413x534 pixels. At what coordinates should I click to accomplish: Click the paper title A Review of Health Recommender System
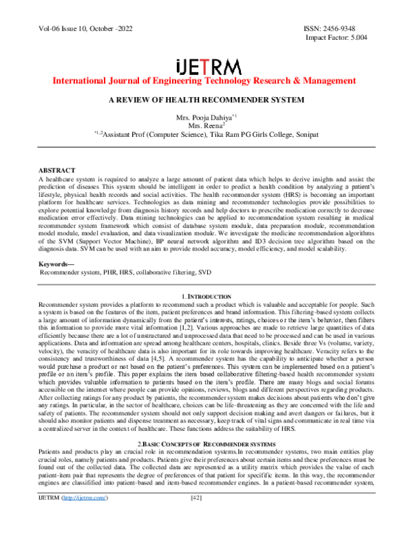coord(206,100)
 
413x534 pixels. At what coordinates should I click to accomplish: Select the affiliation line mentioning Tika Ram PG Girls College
coord(206,136)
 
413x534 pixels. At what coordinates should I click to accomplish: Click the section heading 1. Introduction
coord(207,296)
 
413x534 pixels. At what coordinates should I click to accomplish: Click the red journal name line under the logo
coord(207,82)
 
